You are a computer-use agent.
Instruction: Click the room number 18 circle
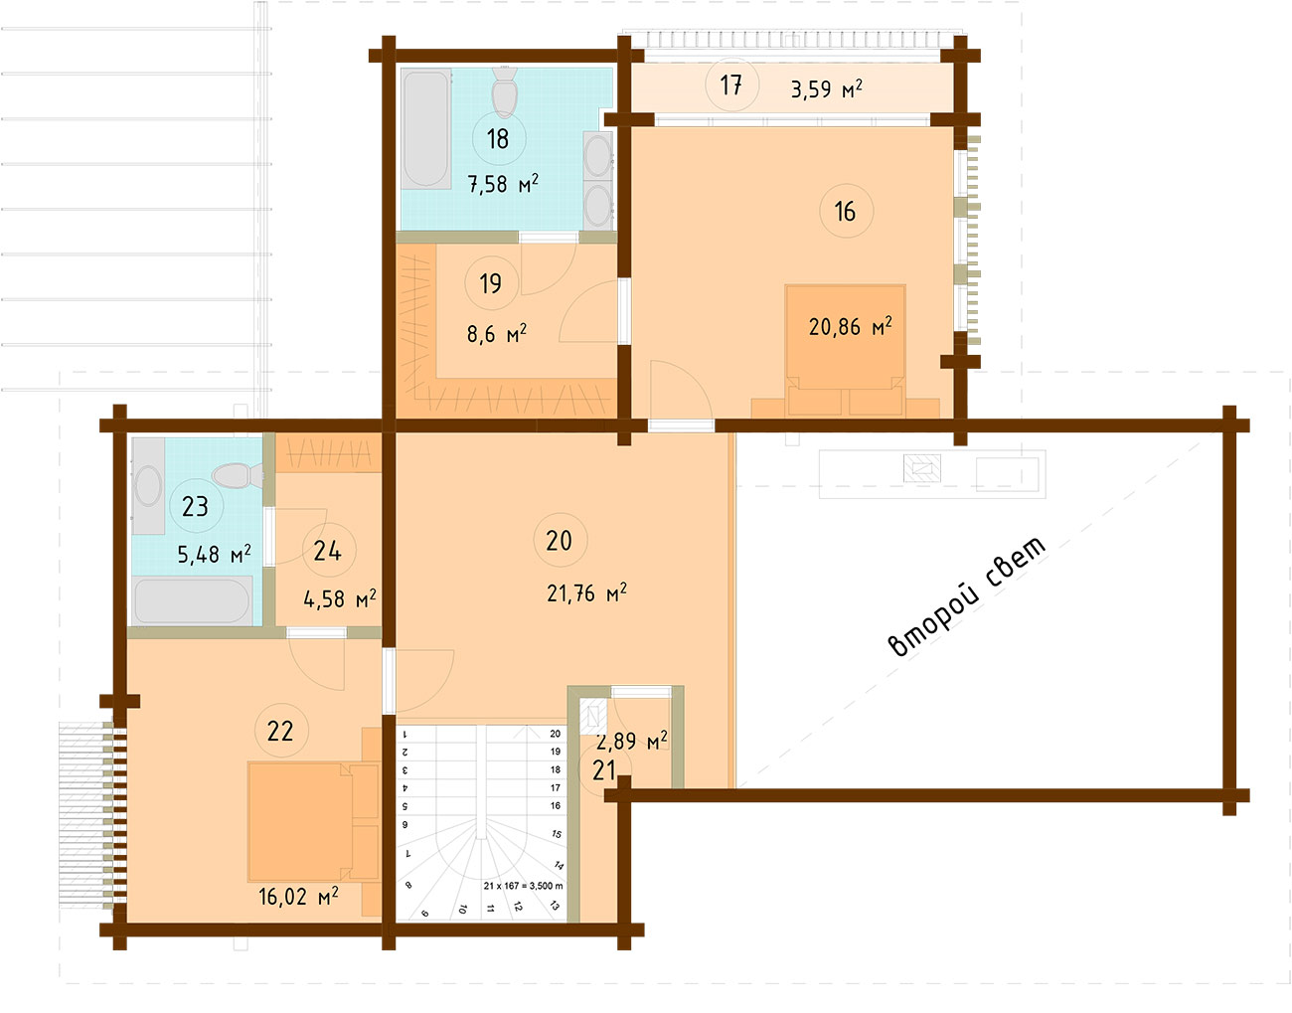pyautogui.click(x=498, y=138)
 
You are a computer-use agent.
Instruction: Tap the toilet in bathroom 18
pyautogui.click(x=505, y=92)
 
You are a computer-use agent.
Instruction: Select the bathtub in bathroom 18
pyautogui.click(x=425, y=129)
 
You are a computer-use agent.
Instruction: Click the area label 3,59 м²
pyautogui.click(x=827, y=89)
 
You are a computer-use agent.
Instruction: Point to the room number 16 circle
pyautogui.click(x=846, y=211)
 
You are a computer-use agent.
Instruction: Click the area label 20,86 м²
pyautogui.click(x=850, y=326)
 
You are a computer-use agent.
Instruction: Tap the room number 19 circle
pyautogui.click(x=491, y=283)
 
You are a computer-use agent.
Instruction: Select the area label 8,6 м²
pyautogui.click(x=497, y=334)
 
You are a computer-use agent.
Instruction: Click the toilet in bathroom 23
pyautogui.click(x=238, y=476)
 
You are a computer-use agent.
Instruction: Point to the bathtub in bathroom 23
pyautogui.click(x=192, y=601)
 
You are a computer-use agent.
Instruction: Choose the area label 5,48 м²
pyautogui.click(x=214, y=554)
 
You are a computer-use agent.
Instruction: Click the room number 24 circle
pyautogui.click(x=328, y=551)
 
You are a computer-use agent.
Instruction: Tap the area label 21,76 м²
pyautogui.click(x=586, y=592)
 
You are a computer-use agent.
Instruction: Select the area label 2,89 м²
pyautogui.click(x=631, y=741)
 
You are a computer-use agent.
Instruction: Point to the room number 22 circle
pyautogui.click(x=281, y=731)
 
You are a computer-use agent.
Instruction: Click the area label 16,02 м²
pyautogui.click(x=298, y=897)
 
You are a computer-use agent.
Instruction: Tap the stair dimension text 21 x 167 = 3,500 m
pyautogui.click(x=523, y=886)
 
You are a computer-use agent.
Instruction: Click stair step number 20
pyautogui.click(x=556, y=734)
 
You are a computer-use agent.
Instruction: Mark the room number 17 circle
pyautogui.click(x=731, y=85)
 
